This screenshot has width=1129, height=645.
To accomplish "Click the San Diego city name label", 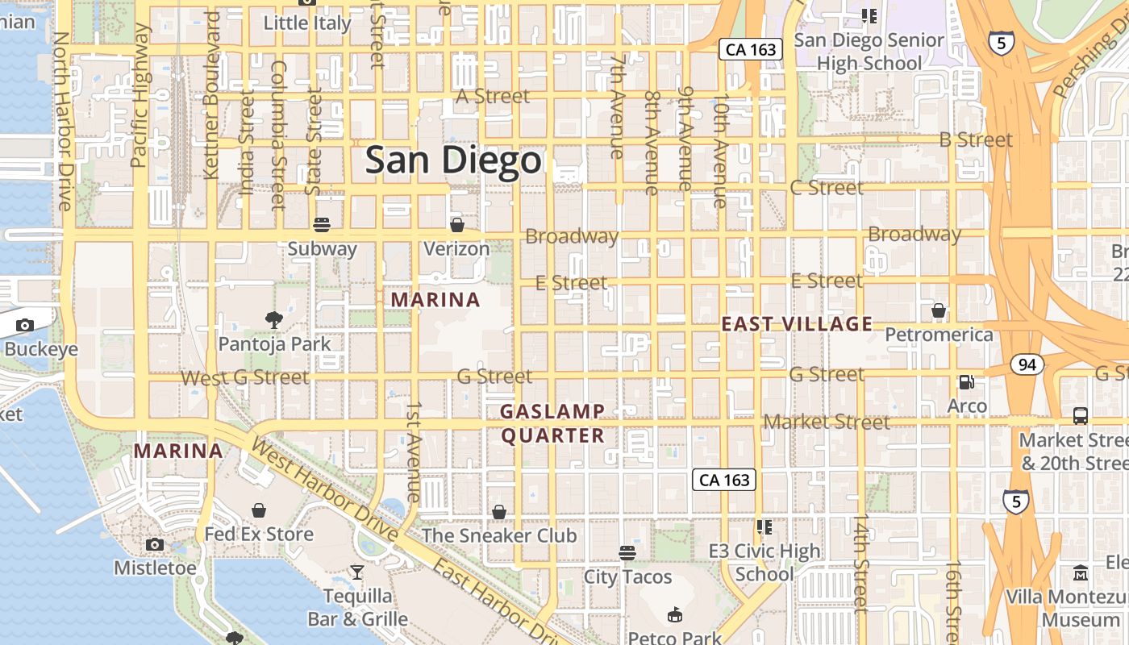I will tap(452, 160).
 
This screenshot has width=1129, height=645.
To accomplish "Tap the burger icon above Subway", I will tap(322, 224).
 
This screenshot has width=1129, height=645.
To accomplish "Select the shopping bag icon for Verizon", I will tap(456, 224).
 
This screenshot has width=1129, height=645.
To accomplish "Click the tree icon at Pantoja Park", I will tap(274, 319).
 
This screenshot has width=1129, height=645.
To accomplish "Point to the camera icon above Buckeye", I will tap(25, 325).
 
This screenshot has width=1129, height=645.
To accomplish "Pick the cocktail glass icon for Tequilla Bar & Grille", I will tap(357, 572).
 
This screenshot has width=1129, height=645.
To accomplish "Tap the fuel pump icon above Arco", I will tap(966, 381).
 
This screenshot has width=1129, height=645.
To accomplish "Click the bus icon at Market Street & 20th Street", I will tap(1080, 416).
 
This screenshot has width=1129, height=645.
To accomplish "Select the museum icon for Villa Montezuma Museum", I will tap(1081, 572).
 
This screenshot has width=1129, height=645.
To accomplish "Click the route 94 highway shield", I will tap(1027, 364).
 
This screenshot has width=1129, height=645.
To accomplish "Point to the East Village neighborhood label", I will tap(797, 324).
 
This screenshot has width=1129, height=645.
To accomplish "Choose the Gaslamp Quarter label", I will tap(552, 423).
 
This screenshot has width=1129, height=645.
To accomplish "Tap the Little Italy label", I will tap(308, 23).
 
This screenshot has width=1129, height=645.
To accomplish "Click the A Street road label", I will tap(493, 96).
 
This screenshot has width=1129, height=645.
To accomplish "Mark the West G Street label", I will tap(244, 377).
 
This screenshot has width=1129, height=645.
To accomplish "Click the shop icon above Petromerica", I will tap(939, 310).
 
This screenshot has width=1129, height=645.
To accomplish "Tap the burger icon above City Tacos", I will tap(627, 552).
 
